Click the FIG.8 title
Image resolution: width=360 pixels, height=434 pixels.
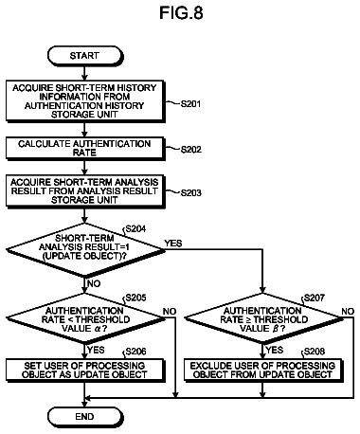tap(181, 13)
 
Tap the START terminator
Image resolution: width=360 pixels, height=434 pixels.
tap(85, 56)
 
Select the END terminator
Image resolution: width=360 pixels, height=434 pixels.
tap(85, 417)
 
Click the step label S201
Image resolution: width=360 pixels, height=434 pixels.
tap(190, 103)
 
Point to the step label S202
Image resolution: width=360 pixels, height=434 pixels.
tap(190, 149)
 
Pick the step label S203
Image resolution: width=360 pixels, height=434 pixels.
tap(190, 192)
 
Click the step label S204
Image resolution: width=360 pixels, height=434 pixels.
tap(135, 228)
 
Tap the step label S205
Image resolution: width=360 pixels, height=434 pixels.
tap(135, 298)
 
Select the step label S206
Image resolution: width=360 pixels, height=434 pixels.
tap(135, 352)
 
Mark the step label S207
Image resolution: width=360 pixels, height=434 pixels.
tap(315, 298)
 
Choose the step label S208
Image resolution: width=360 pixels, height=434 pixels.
tap(315, 352)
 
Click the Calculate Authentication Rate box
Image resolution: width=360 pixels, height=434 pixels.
tap(85, 148)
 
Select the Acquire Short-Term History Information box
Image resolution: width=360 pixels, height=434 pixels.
tap(85, 101)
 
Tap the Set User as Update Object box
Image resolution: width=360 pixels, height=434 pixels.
tap(85, 371)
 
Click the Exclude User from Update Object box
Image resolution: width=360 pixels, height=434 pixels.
tap(263, 371)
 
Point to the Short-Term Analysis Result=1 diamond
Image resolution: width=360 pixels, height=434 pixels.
tap(85, 249)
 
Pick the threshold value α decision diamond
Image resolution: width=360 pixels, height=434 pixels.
tap(85, 318)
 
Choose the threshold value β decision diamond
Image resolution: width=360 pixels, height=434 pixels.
tap(263, 318)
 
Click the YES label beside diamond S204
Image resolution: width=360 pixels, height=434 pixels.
tap(173, 244)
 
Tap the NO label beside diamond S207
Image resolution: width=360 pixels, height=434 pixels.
tap(348, 312)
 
